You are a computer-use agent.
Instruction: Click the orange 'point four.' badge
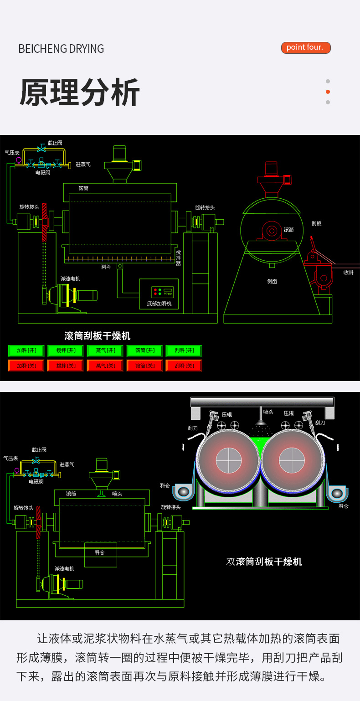(x=305, y=47)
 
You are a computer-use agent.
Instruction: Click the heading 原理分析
(x=80, y=93)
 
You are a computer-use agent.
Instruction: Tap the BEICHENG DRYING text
(x=61, y=49)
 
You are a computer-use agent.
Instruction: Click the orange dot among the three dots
(x=328, y=92)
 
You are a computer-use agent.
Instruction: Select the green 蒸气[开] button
(x=105, y=350)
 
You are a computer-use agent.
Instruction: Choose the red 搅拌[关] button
(x=66, y=366)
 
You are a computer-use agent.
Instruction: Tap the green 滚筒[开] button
(x=145, y=350)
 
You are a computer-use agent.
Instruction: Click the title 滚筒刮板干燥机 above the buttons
(x=98, y=336)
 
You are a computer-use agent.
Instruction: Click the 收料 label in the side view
(x=348, y=273)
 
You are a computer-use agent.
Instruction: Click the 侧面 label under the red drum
(x=272, y=281)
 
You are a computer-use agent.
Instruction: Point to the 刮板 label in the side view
(x=316, y=223)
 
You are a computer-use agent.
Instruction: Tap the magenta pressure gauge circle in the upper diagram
(x=19, y=160)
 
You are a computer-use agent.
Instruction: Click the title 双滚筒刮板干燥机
(x=264, y=562)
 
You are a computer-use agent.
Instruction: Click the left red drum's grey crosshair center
(x=229, y=460)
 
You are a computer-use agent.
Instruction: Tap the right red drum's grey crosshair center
(x=292, y=460)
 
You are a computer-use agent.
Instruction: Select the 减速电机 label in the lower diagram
(x=64, y=568)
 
